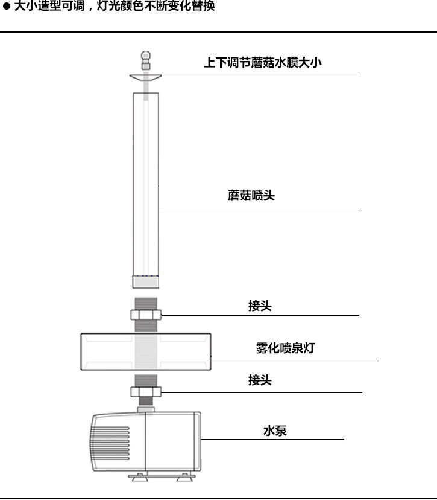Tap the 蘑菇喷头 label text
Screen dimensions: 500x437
click(251, 196)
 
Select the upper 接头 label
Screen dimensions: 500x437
click(260, 306)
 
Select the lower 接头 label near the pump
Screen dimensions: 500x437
click(260, 380)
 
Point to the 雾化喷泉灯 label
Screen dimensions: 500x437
click(285, 348)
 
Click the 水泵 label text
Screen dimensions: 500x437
click(274, 431)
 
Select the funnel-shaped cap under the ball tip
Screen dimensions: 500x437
click(145, 78)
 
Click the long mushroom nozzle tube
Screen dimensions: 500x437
click(145, 181)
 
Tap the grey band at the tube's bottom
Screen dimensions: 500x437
click(145, 281)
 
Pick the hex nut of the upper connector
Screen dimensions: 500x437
click(145, 315)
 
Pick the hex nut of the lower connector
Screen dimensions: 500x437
click(145, 392)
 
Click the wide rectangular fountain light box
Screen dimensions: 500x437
click(145, 350)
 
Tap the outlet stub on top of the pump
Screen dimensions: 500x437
click(145, 410)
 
